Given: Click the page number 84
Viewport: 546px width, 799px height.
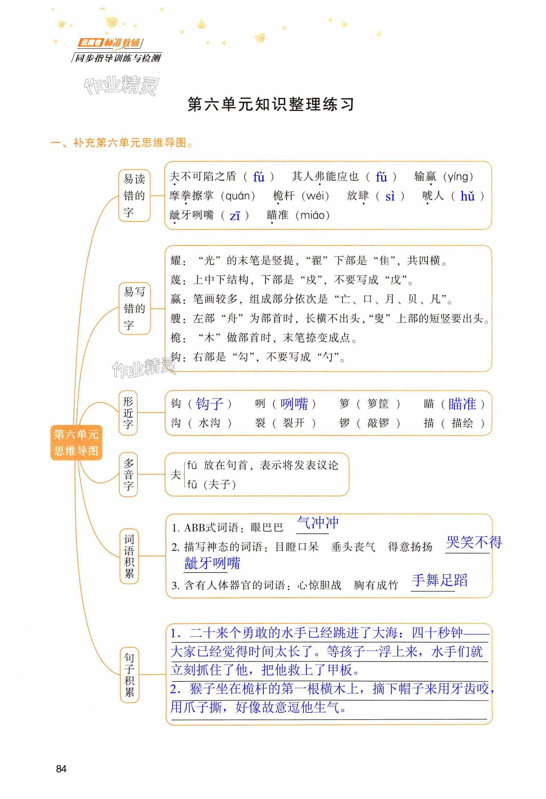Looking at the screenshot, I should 61,768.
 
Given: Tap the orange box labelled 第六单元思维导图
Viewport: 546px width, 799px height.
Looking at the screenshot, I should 76,442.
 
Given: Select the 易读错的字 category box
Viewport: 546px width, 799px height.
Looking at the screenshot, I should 134,195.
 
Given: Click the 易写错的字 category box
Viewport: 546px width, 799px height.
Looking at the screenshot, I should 134,308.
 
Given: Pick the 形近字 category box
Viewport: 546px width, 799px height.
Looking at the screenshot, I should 128,413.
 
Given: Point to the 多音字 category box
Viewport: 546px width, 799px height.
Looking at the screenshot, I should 128,475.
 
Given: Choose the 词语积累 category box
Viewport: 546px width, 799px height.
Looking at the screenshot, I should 129,556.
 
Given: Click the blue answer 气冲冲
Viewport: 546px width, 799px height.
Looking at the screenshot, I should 318,523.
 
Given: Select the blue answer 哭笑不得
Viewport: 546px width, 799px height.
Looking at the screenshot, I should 473,542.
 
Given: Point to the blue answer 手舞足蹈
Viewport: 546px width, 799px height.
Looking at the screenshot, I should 439,580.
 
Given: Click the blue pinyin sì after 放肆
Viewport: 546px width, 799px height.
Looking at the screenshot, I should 390,196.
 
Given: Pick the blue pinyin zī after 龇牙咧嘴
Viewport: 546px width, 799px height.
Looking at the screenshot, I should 235,216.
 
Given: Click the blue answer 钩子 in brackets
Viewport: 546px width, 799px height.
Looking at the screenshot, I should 209,403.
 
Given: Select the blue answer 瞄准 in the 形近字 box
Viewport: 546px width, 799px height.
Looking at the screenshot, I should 462,403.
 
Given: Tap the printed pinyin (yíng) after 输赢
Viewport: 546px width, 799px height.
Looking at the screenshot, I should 458,177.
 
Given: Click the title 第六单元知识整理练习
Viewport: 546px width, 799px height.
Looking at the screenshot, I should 271,104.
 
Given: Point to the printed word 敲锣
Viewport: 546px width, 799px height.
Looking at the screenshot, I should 378,423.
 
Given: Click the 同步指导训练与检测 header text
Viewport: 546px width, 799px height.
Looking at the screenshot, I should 118,58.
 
